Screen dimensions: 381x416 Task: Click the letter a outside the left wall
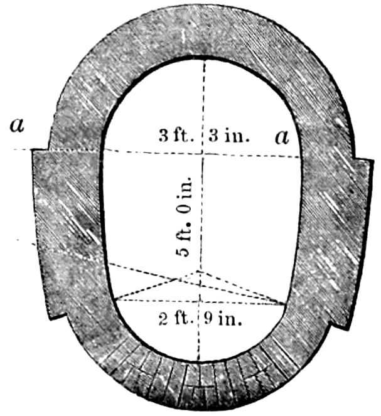click(x=17, y=125)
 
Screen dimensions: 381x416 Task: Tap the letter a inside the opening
click(x=282, y=137)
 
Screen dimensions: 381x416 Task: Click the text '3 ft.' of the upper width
click(x=176, y=136)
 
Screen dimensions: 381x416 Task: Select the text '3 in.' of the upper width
click(x=229, y=136)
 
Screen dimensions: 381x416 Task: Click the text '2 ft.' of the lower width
click(x=176, y=318)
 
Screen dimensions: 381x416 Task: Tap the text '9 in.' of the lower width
click(x=223, y=318)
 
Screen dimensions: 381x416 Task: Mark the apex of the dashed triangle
click(x=198, y=271)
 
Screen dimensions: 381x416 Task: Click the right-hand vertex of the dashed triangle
click(x=283, y=304)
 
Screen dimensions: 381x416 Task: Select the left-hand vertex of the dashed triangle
click(x=115, y=300)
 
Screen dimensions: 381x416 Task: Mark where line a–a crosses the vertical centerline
click(x=203, y=154)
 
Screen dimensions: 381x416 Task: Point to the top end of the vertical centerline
click(x=204, y=60)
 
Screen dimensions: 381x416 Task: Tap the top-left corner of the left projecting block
click(x=33, y=150)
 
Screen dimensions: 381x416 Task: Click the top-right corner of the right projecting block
click(x=373, y=160)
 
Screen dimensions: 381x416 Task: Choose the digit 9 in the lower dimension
click(x=208, y=318)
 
